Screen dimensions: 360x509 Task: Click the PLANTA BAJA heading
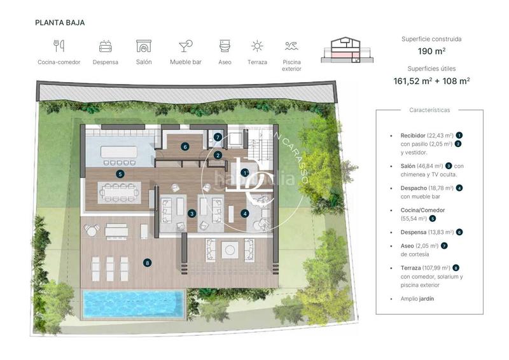(x=60, y=22)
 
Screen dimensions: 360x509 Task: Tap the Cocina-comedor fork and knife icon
(x=59, y=46)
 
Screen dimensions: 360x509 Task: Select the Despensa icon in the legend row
(x=106, y=46)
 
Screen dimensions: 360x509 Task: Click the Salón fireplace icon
(x=144, y=46)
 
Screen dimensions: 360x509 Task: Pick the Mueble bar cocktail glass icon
(x=186, y=46)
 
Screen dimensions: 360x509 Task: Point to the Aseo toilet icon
(x=224, y=46)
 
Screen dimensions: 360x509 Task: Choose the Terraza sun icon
(x=257, y=46)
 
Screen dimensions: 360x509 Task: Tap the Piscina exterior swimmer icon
(x=291, y=46)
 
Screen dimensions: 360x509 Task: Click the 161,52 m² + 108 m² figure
(x=431, y=81)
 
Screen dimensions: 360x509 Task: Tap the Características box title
(x=429, y=110)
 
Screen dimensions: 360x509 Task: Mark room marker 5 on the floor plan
(x=120, y=173)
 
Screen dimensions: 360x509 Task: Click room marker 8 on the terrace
(x=148, y=262)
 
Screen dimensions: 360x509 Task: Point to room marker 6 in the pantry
(x=185, y=146)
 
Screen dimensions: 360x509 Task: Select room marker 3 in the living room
(x=192, y=214)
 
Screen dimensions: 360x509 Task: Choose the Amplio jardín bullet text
(x=417, y=298)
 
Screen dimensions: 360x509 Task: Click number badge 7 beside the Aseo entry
(x=444, y=246)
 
